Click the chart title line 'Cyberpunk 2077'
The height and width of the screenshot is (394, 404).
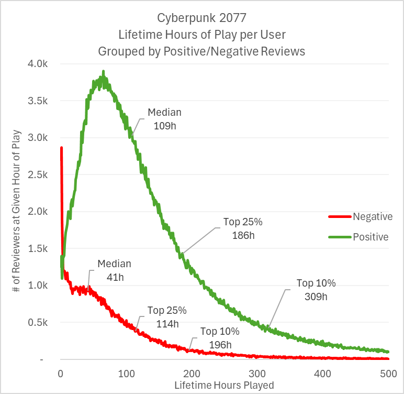201,18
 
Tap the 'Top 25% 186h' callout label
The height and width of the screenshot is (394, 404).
243,228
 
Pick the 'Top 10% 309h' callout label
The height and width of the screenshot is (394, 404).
316,289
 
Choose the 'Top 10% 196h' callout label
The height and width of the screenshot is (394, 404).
219,338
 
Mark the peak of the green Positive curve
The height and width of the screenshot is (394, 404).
103,71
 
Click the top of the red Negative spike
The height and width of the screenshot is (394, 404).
61,148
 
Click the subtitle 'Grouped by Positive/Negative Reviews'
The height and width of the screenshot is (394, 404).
201,51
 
